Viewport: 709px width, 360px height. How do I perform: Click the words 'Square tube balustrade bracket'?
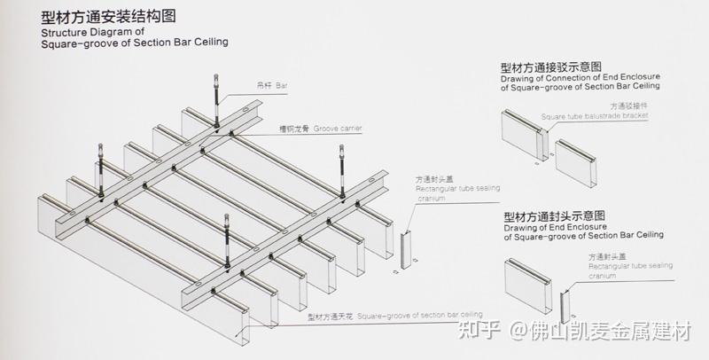coord(595,116)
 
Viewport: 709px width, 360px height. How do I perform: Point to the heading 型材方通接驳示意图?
coord(550,67)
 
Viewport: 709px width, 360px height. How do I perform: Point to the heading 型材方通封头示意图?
coord(554,216)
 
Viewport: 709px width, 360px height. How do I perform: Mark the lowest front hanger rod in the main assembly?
coord(229,239)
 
